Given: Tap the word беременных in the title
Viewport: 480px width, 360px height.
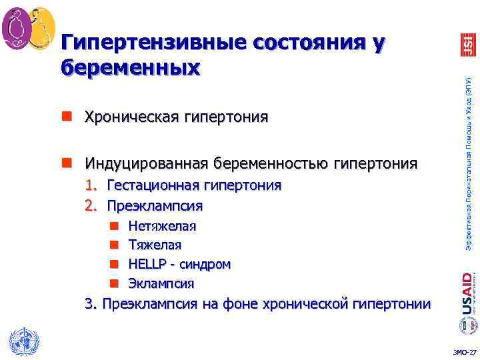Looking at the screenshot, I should pos(130,67).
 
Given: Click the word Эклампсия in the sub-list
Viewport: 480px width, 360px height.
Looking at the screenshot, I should pos(161,283).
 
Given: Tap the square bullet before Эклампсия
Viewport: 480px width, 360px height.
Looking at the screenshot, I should pos(113,283).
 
